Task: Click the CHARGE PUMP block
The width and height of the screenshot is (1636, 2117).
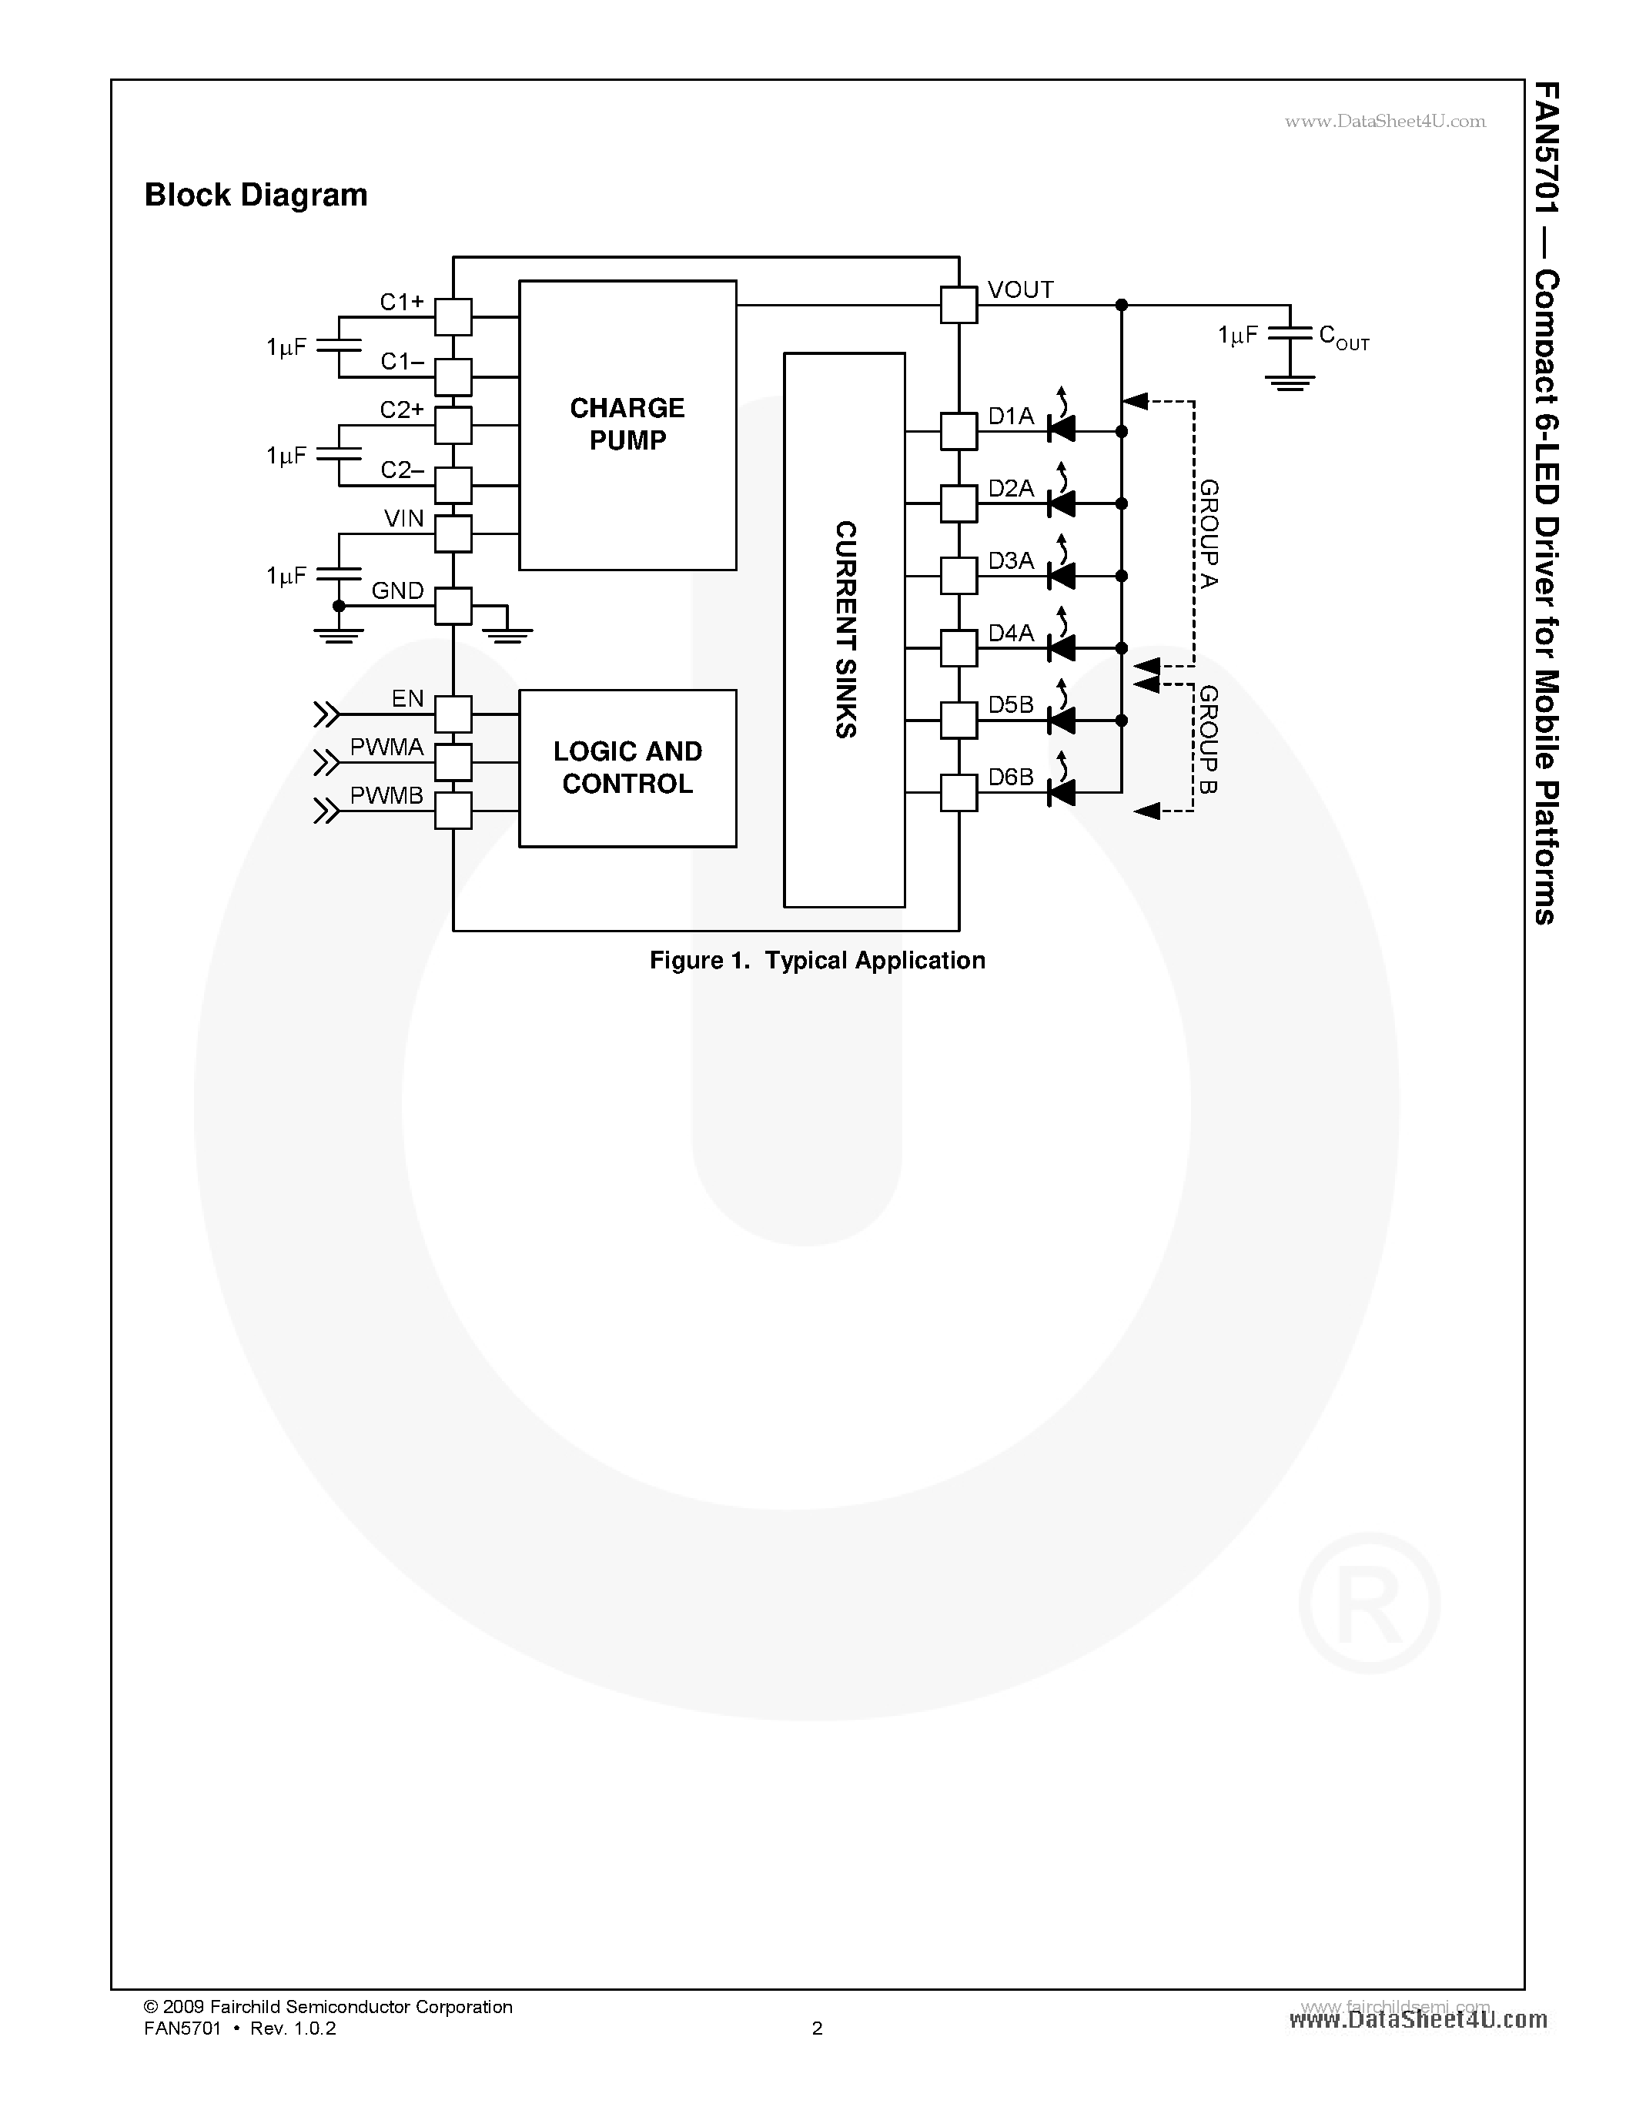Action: [x=627, y=425]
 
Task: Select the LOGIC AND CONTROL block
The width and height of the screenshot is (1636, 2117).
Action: [x=627, y=768]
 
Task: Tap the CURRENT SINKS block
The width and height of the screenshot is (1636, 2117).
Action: [x=844, y=630]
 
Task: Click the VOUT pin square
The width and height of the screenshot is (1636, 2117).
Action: [x=959, y=306]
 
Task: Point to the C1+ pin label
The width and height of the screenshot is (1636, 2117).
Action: [x=401, y=303]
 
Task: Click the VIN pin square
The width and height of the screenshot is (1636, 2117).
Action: [x=453, y=533]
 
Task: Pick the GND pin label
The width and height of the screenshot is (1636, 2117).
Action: [x=397, y=590]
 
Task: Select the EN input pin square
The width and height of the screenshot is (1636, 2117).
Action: [x=453, y=714]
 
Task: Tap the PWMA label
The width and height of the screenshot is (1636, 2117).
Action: [x=386, y=747]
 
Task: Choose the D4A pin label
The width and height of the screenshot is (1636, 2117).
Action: [x=1011, y=633]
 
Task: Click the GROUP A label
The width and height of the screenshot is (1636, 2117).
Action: [x=1209, y=533]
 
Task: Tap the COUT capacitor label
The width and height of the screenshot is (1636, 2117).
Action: [x=1343, y=336]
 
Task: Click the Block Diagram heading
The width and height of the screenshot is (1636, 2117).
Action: [x=256, y=195]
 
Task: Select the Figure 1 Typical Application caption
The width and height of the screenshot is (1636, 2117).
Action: [x=817, y=960]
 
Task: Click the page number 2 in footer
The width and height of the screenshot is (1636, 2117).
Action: [x=817, y=2028]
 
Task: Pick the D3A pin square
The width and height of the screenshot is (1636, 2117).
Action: [x=959, y=576]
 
